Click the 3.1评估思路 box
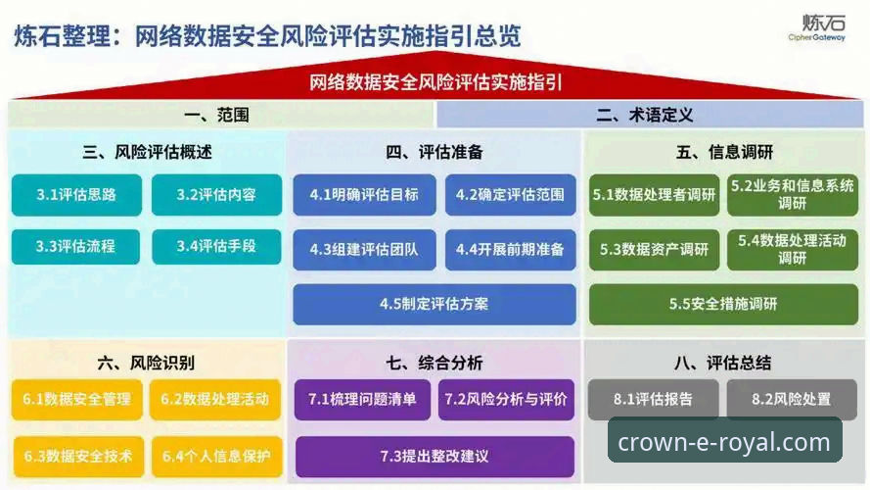[76, 195]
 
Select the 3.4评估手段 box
[216, 247]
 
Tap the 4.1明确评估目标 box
[364, 195]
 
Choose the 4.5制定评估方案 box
[434, 304]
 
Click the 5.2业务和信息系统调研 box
[792, 195]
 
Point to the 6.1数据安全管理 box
[76, 400]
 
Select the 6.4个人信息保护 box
[216, 456]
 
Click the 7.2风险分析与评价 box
[506, 400]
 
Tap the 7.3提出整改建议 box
[434, 457]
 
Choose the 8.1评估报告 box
[653, 399]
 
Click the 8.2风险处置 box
[792, 399]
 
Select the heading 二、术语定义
[645, 115]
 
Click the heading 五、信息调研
[723, 152]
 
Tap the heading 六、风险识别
[146, 363]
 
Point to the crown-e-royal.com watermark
[724, 442]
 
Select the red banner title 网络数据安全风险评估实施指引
[435, 82]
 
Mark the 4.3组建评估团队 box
[364, 250]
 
